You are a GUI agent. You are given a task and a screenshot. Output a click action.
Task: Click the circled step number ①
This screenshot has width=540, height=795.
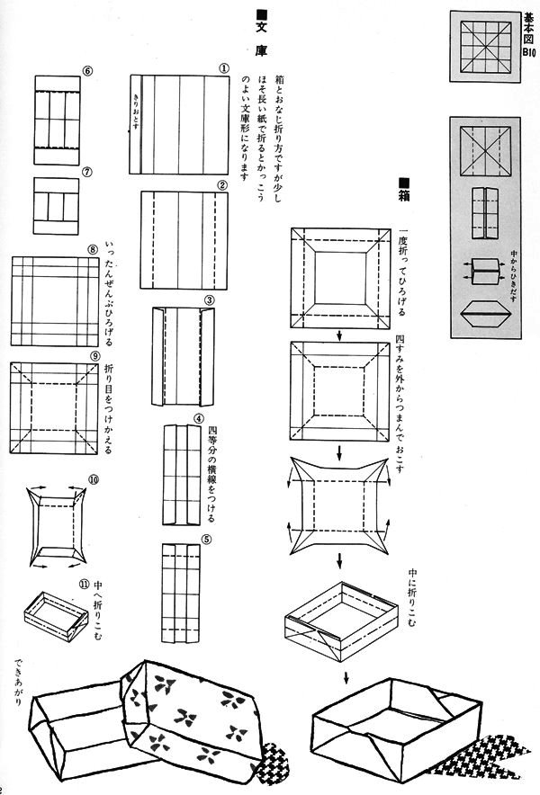222,67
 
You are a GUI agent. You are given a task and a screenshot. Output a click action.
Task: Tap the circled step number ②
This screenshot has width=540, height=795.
221,185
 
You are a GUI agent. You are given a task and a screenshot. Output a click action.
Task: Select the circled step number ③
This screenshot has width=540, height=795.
209,299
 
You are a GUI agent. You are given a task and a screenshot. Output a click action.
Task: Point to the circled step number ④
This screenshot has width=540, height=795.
199,419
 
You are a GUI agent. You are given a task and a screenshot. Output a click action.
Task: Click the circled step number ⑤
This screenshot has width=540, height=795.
206,540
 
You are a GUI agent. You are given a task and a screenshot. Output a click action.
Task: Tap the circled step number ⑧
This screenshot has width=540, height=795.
92,249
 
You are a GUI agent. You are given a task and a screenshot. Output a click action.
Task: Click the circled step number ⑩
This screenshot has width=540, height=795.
94,481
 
